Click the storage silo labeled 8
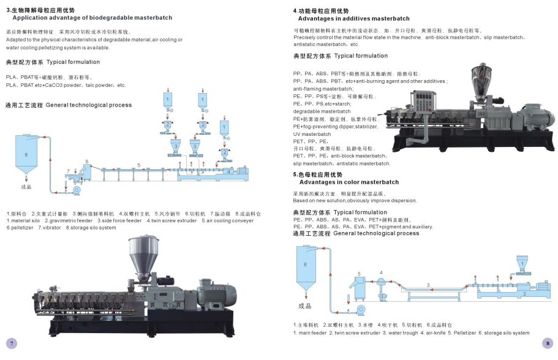coord(26,157)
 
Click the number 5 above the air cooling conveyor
coord(139,165)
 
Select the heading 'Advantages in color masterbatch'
coord(349,182)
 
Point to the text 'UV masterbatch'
coord(312,134)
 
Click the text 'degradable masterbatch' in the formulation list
coord(322,111)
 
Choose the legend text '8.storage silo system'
coord(91,228)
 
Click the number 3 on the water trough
coord(428,285)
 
